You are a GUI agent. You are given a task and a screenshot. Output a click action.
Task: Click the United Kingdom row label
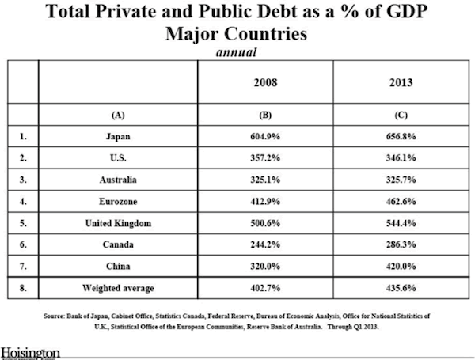pyautogui.click(x=117, y=224)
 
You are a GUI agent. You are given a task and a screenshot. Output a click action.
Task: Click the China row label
pyautogui.click(x=117, y=267)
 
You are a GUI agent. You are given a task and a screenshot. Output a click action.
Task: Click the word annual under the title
pyautogui.click(x=237, y=53)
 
